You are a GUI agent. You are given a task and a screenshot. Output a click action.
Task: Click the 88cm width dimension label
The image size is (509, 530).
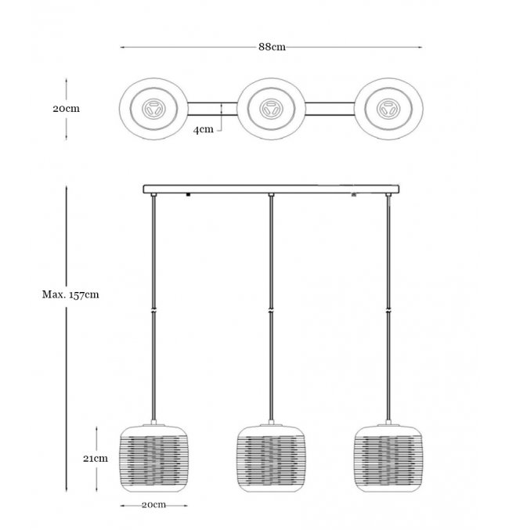(x=271, y=47)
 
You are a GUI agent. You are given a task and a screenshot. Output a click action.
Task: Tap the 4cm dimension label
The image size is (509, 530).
(x=203, y=129)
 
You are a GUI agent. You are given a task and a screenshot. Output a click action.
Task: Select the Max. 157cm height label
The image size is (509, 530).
(x=70, y=294)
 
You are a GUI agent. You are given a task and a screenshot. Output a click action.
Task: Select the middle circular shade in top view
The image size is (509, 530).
(x=270, y=109)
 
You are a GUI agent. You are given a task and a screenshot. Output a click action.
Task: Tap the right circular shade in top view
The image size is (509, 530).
(x=388, y=109)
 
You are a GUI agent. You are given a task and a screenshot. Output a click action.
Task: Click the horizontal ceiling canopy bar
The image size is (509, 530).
(x=270, y=189)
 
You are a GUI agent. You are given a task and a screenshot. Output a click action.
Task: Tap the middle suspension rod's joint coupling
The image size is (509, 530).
(x=270, y=311)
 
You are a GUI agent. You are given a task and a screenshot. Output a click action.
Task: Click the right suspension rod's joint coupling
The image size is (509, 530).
(x=388, y=311)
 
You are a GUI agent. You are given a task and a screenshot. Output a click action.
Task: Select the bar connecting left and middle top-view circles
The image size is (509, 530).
(x=211, y=109)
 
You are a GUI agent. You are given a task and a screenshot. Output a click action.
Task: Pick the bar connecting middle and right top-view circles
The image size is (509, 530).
(x=329, y=109)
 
